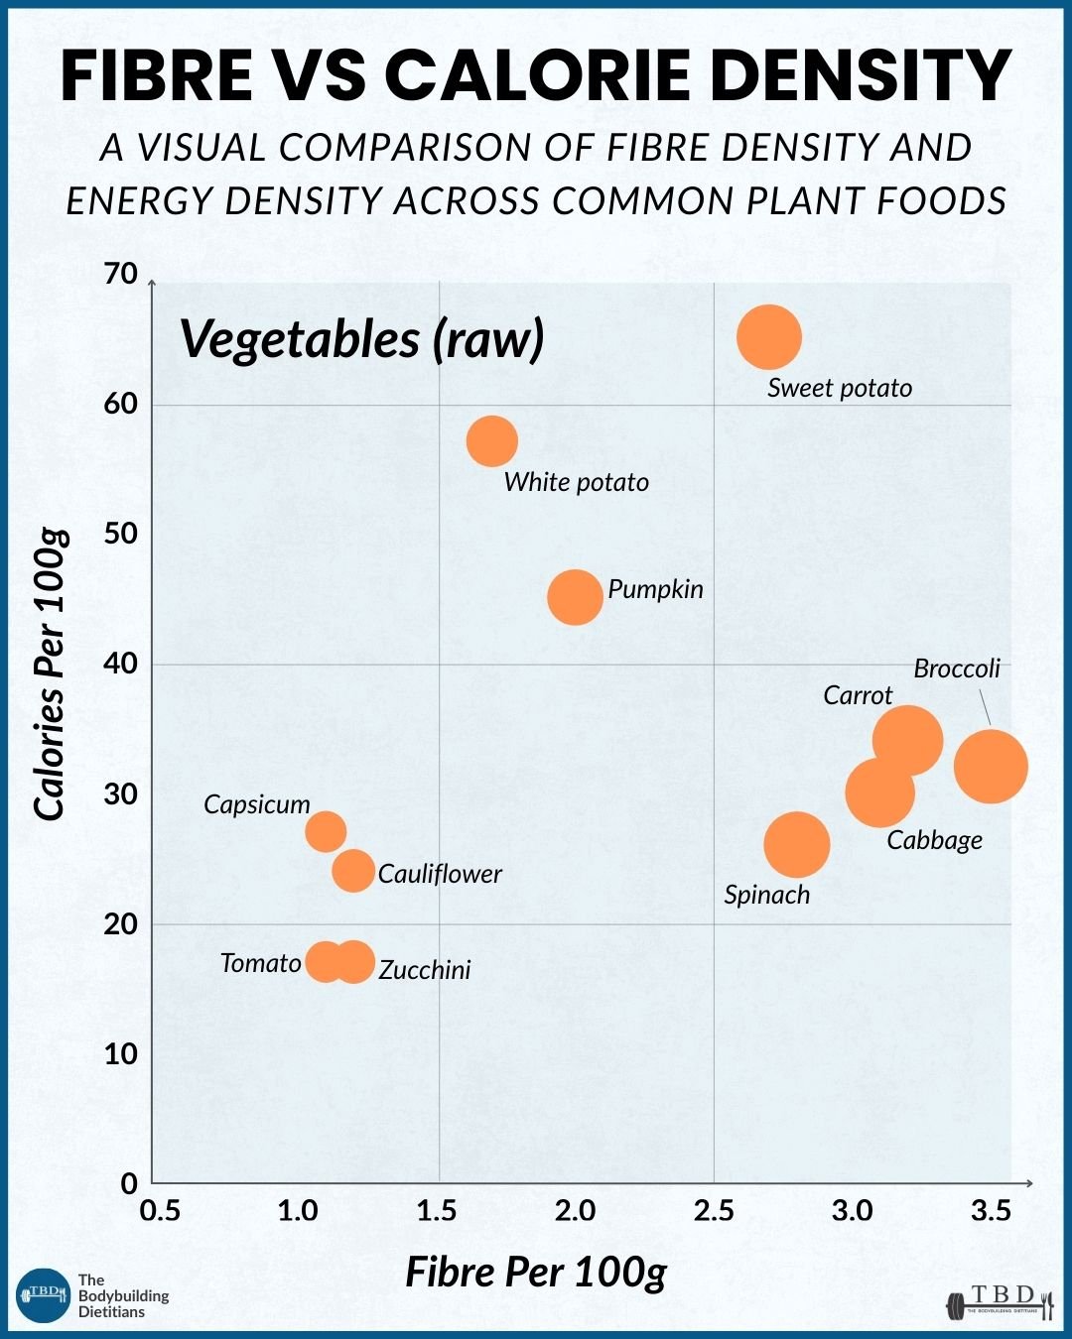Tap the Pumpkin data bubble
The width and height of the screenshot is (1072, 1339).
pos(576,597)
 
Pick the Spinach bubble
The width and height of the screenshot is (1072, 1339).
pos(797,845)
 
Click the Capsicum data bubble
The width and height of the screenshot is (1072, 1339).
pos(326,832)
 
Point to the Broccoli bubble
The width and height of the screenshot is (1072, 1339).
pos(991,766)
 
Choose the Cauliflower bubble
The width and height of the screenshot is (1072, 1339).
pos(353,871)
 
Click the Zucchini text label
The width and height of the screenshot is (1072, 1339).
pos(425,970)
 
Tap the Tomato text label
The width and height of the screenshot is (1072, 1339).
pos(261,963)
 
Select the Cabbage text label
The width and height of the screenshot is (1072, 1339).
pos(934,841)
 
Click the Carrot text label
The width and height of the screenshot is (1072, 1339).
pos(858,695)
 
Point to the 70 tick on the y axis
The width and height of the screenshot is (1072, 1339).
pos(121,274)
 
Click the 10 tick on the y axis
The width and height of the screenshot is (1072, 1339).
pos(121,1054)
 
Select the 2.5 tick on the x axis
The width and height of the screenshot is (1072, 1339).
pos(714,1210)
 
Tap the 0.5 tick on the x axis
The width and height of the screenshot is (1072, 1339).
pos(161,1210)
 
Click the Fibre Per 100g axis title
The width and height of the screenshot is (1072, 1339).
pos(536,1272)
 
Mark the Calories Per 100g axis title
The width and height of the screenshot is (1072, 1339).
pos(50,674)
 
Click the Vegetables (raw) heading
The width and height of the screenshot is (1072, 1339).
pos(362,339)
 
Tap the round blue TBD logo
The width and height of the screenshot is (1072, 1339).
pos(44,1295)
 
